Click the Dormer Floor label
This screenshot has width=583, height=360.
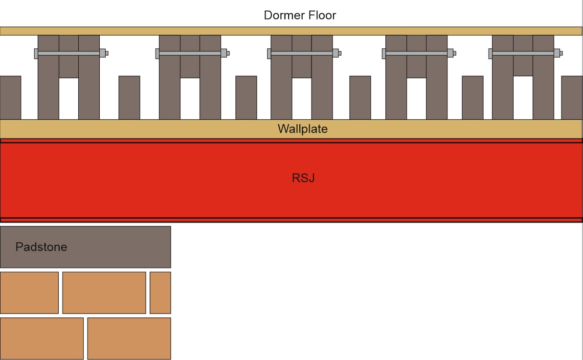click(x=300, y=15)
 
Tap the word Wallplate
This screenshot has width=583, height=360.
click(x=302, y=129)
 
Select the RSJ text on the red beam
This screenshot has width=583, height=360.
click(x=303, y=178)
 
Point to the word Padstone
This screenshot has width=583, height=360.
click(x=41, y=247)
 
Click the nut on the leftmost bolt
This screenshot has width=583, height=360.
click(x=103, y=53)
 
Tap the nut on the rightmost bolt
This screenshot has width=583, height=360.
click(x=557, y=53)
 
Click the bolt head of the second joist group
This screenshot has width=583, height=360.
click(x=157, y=53)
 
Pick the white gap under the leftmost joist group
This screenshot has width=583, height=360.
click(x=68, y=98)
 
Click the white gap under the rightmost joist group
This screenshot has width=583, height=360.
click(x=523, y=97)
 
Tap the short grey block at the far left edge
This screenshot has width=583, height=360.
click(x=10, y=97)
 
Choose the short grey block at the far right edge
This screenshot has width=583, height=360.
click(x=572, y=97)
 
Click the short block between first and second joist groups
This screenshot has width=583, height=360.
click(x=129, y=97)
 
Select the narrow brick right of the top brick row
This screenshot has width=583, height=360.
click(x=160, y=292)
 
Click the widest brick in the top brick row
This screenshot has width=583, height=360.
click(x=104, y=292)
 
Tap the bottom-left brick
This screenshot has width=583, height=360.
click(x=42, y=338)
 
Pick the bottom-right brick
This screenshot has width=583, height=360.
click(x=129, y=338)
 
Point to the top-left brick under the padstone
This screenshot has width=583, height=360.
click(x=29, y=292)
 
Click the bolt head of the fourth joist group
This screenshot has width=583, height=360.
click(x=384, y=53)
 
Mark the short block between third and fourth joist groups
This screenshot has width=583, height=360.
click(x=360, y=97)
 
